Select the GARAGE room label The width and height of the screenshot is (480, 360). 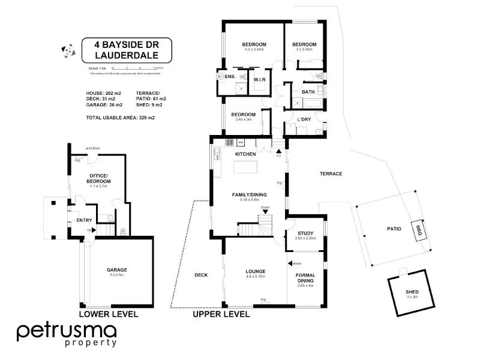coord(116,270)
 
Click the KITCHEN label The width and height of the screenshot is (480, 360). coord(245,154)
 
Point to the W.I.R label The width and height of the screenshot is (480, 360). coord(260,79)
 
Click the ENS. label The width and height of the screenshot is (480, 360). coord(230,77)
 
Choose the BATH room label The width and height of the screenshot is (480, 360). coord(308,92)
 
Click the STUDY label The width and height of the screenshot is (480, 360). coord(305,233)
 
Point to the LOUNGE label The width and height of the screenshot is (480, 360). coord(256,271)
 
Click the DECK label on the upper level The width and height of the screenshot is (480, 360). coord(201,275)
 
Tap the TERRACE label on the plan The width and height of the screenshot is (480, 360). coord(331,173)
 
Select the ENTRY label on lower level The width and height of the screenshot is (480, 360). coord(83,220)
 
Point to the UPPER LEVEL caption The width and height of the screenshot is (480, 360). coord(221,314)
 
